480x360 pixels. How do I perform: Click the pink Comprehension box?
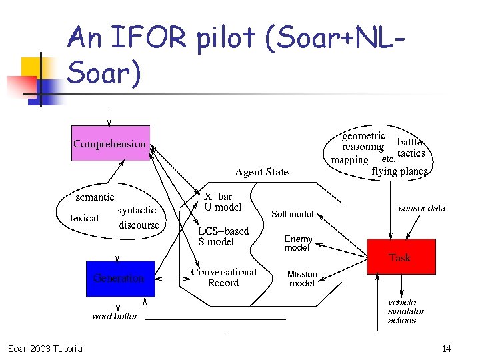(x=111, y=143)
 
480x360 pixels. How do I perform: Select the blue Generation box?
(x=120, y=279)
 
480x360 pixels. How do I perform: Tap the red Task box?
(x=401, y=257)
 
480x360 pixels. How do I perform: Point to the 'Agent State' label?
(x=262, y=172)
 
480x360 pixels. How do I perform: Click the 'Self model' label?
(x=292, y=214)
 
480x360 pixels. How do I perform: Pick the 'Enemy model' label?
(x=297, y=243)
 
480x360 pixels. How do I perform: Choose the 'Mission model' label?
(x=302, y=279)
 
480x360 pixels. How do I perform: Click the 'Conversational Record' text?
(x=223, y=277)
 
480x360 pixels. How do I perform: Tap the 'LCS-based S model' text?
(x=223, y=237)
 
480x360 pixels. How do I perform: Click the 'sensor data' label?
(x=421, y=209)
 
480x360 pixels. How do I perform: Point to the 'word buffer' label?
(x=115, y=316)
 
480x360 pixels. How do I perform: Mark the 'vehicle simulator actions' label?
(x=405, y=311)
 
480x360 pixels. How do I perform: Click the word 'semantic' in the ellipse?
(x=95, y=197)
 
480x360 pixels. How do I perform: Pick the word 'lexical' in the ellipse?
(x=84, y=218)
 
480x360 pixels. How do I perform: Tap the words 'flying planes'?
(x=399, y=171)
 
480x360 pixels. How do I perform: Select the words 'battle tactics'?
(x=411, y=147)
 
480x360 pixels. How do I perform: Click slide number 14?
(x=446, y=349)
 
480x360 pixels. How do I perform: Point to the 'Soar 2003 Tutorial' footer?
(x=46, y=349)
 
